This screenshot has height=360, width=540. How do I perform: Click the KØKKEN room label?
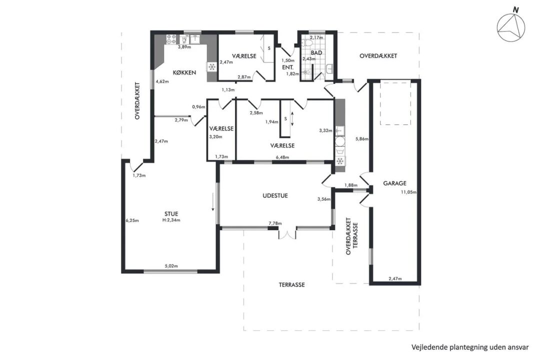(184, 72)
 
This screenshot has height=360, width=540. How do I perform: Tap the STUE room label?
(171, 214)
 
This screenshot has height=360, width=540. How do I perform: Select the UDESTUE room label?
(275, 195)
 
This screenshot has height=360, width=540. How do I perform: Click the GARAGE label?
(394, 183)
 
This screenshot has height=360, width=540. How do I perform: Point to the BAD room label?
(316, 52)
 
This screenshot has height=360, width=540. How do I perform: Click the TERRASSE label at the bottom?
(291, 285)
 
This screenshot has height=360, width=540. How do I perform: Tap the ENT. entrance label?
(287, 67)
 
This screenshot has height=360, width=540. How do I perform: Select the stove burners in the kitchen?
(171, 39)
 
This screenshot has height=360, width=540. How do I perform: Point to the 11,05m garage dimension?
(408, 192)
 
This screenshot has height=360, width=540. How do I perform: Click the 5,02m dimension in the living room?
(171, 266)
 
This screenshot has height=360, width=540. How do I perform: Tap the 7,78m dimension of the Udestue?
(275, 223)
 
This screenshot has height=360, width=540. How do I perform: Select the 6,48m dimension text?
(282, 157)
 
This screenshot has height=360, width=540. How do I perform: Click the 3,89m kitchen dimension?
(184, 47)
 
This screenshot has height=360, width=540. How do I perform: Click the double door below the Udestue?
(287, 234)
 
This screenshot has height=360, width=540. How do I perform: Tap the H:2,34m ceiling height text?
(171, 220)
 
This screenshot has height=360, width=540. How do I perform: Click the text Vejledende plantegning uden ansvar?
(469, 347)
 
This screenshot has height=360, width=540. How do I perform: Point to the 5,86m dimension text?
(362, 139)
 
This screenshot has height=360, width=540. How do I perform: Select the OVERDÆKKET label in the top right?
(378, 56)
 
